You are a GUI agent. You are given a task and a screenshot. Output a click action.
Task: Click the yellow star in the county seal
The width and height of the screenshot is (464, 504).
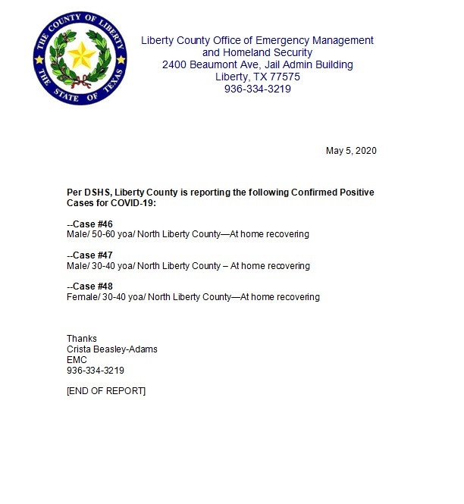tap(80, 55)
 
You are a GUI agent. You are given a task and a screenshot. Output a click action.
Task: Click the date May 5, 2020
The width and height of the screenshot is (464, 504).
tap(351, 151)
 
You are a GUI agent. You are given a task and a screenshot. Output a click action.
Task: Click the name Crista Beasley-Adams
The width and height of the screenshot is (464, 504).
tap(112, 349)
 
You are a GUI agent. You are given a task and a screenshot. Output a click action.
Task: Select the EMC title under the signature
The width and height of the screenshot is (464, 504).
tap(77, 360)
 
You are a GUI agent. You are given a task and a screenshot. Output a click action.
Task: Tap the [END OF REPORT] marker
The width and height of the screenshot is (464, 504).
tap(106, 391)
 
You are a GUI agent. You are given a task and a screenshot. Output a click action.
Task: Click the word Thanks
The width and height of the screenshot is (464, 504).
tap(82, 339)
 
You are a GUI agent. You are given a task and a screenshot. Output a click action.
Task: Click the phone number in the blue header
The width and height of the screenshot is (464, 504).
tap(258, 89)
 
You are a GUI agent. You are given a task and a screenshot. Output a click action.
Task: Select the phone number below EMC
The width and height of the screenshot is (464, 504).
tap(96, 371)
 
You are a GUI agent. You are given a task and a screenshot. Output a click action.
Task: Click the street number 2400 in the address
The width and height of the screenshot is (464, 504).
tap(175, 64)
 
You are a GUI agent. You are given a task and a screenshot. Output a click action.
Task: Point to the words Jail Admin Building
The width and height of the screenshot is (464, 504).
tap(310, 64)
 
